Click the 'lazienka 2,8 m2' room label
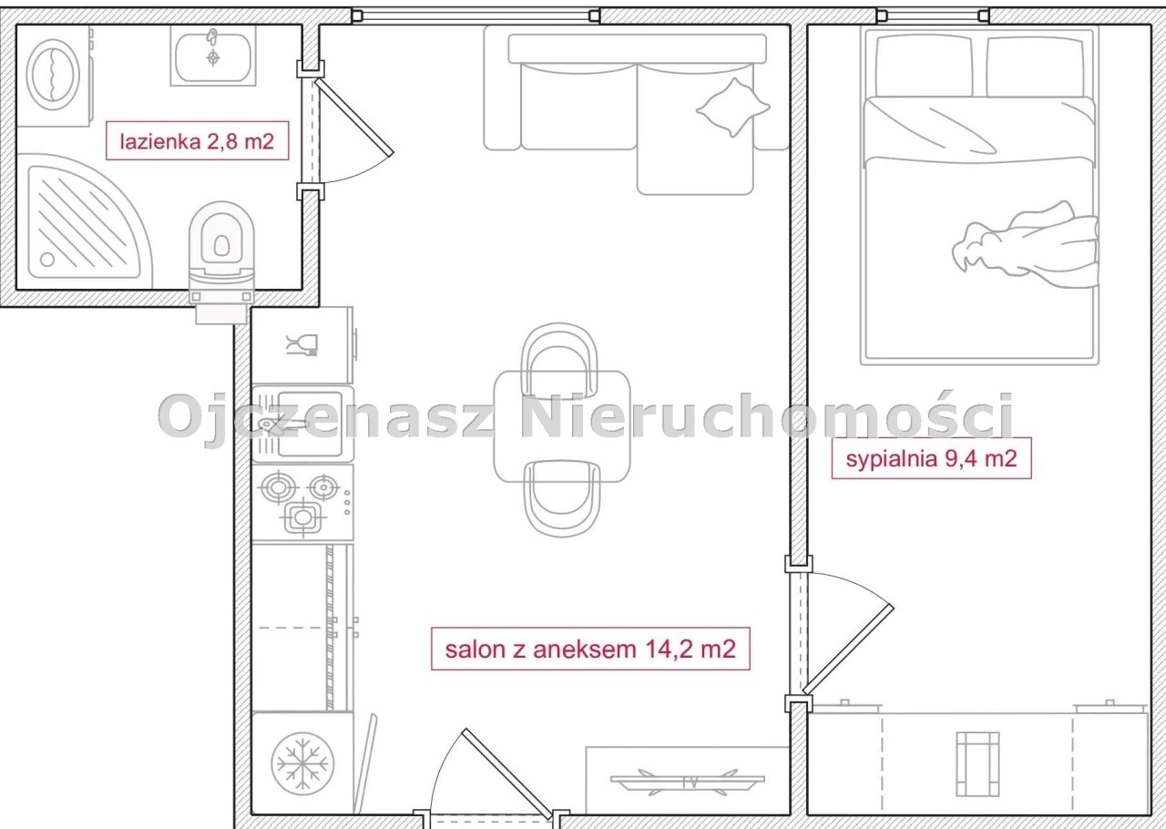(198, 140)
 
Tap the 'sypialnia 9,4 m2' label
(931, 458)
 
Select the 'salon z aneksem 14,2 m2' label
(590, 649)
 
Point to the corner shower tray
(83, 221)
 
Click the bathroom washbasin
(213, 56)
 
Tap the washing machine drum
(53, 75)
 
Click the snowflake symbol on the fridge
(302, 764)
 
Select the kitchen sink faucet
(281, 425)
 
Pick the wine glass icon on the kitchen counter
(302, 344)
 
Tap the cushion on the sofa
(733, 107)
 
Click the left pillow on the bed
(924, 66)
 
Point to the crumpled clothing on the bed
(1026, 245)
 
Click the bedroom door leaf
(848, 649)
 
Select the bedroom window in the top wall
(933, 15)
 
